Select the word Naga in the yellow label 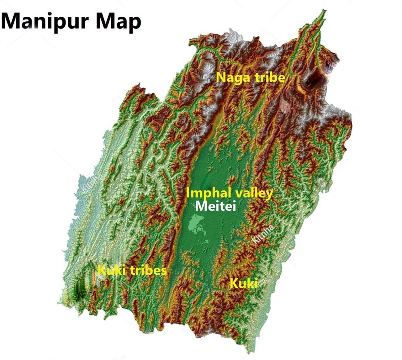230,77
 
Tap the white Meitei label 215,206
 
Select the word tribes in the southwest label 148,270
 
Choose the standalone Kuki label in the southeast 244,283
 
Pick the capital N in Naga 221,77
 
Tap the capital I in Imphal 188,193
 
